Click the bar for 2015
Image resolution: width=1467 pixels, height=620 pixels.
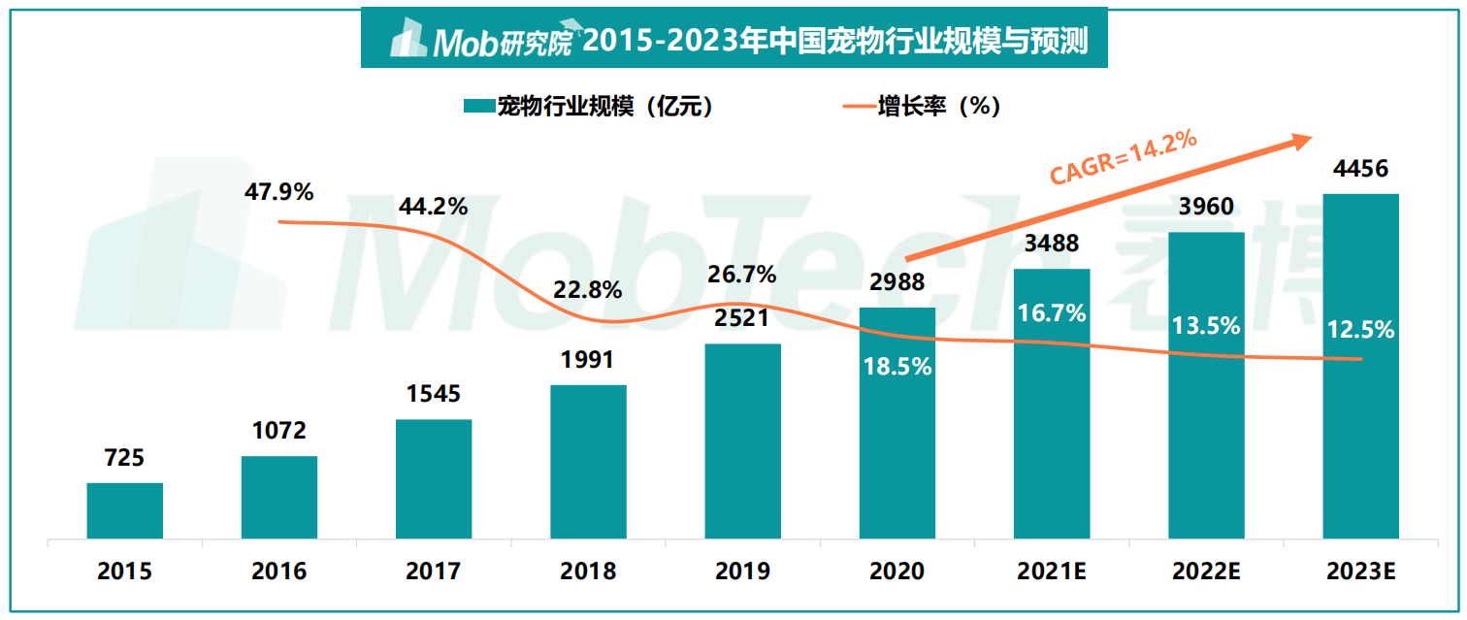[124, 510]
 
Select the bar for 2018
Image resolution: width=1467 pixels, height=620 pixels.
[588, 462]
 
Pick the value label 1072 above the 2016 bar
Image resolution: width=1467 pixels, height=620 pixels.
[278, 430]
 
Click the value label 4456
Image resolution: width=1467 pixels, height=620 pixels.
[1360, 169]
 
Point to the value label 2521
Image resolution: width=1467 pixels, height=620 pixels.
[742, 318]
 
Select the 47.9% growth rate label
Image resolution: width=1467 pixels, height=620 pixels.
[278, 192]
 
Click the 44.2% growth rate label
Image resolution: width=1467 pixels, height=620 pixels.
[433, 206]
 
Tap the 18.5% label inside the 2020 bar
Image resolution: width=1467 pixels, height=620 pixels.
[897, 367]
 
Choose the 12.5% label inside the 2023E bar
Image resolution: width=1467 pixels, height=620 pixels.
[1360, 330]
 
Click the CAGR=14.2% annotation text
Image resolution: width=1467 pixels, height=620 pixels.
[1124, 157]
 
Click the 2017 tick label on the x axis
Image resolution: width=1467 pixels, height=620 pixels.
[433, 571]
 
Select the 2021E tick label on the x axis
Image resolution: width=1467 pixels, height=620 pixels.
[1051, 571]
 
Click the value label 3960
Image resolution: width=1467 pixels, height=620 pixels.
[1205, 207]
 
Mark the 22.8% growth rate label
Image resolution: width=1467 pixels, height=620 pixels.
[588, 290]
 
